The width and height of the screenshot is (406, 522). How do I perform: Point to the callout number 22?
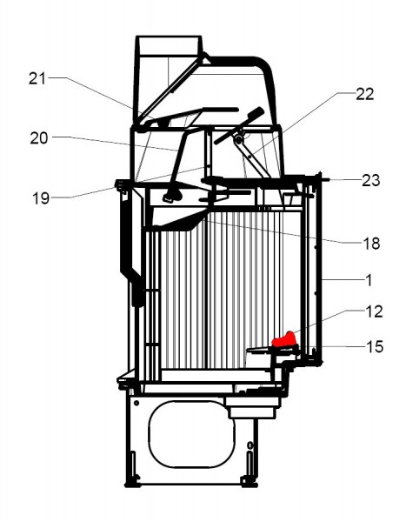364,95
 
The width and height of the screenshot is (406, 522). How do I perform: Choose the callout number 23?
370,181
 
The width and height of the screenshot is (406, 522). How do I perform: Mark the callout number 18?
370,244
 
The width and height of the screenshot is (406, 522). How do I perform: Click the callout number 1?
371,280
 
